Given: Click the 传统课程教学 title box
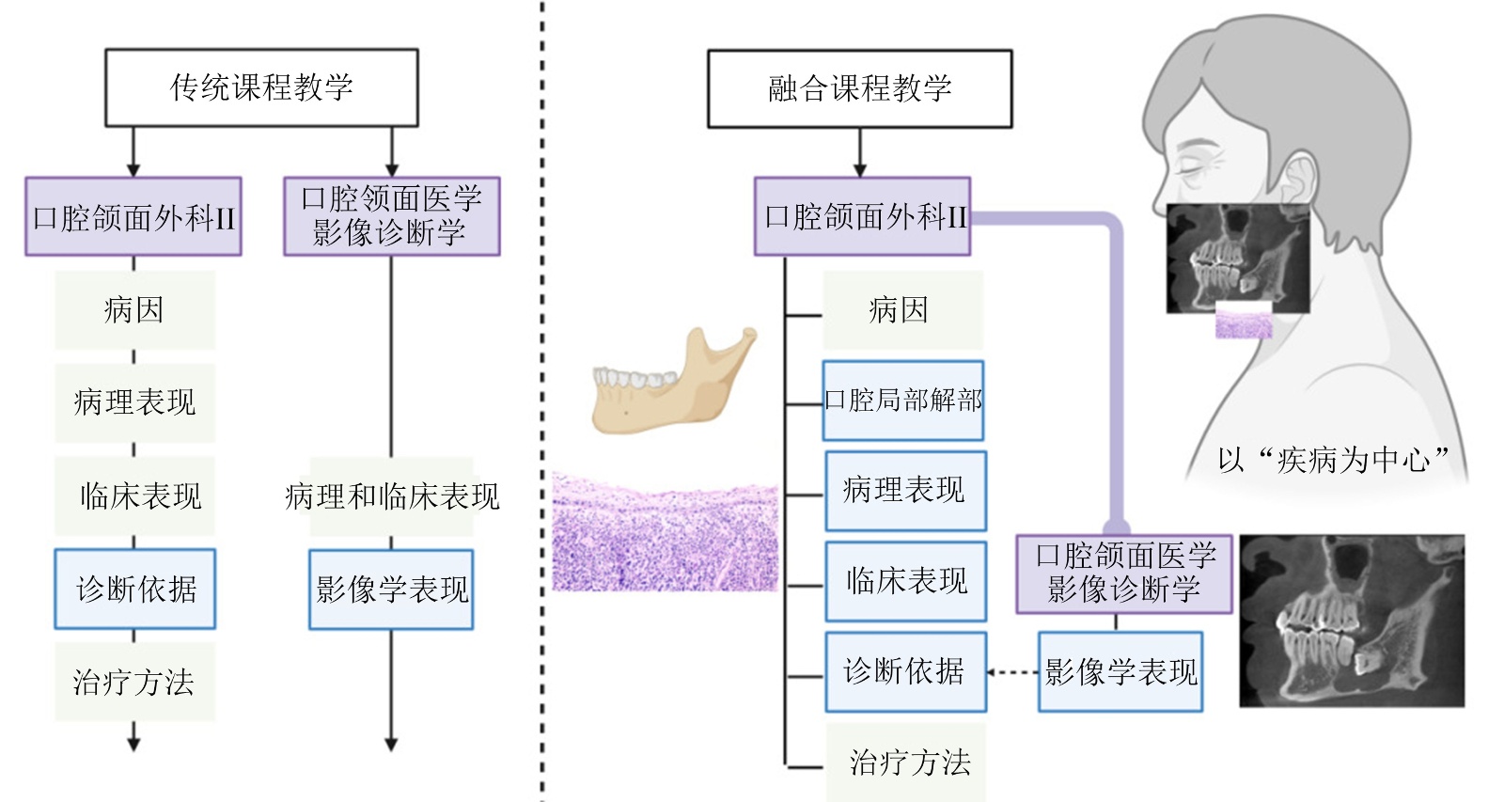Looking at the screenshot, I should pos(261,87).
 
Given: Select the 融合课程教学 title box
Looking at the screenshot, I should pos(859,88).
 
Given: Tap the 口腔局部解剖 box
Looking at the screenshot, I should pos(902,401).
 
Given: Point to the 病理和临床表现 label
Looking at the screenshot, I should pos(392,496).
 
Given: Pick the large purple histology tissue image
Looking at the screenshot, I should pos(665,533).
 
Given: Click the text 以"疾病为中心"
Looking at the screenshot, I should pos(1333,460).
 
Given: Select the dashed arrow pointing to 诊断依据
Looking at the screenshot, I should pos(1012,672).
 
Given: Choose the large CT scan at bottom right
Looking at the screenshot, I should pos(1352,621).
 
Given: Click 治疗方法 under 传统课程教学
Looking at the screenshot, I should pos(134,682).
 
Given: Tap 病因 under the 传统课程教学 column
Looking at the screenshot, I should pos(134,309).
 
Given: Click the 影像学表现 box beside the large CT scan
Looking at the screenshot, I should pos(1120,671).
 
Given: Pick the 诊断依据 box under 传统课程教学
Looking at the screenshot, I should pos(135,589).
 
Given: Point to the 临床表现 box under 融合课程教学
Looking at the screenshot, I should pos(905,580).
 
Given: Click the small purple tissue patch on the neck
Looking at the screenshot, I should pos(1244,323).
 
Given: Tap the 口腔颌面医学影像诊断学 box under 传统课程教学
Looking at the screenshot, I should pos(391,216).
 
